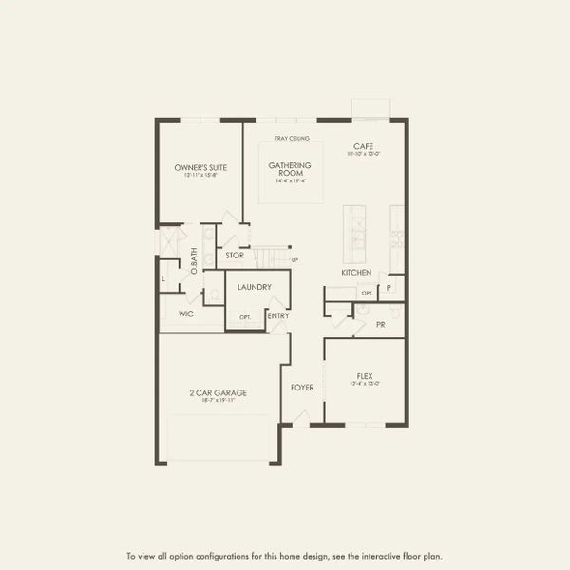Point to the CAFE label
tap(363, 145)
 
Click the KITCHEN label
tap(356, 273)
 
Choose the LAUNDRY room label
tap(255, 286)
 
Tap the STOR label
tap(235, 255)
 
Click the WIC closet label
tap(186, 313)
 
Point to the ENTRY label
tap(278, 316)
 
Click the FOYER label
tap(302, 387)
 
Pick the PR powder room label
tap(380, 324)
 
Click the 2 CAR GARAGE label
tap(218, 392)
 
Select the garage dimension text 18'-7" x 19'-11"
tap(218, 401)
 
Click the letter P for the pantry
tap(389, 288)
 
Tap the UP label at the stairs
tap(294, 259)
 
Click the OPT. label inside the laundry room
tap(244, 316)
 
